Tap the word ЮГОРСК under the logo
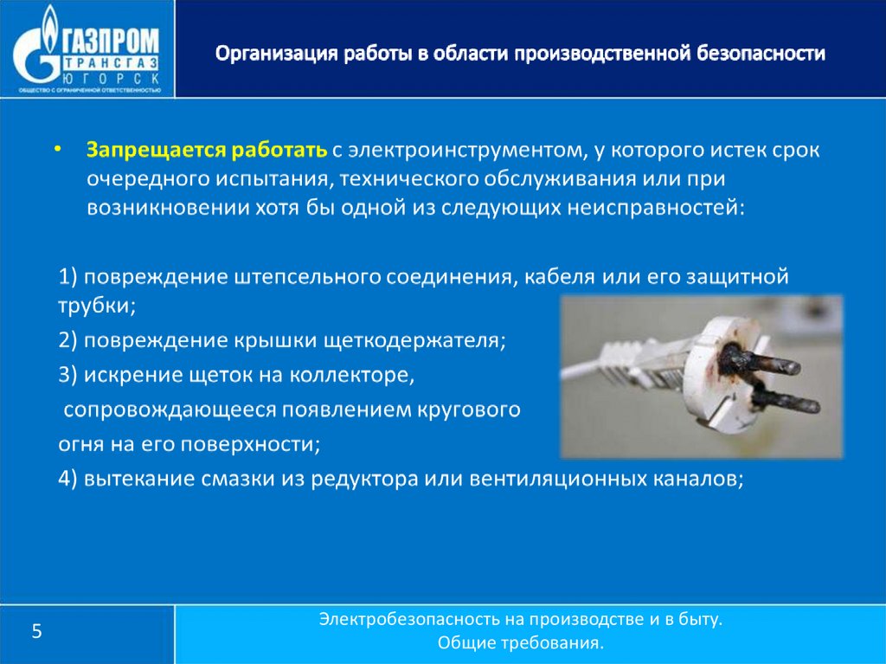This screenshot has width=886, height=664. click(110, 79)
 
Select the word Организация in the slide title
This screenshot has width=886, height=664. click(276, 54)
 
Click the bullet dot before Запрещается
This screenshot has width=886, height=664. click(56, 149)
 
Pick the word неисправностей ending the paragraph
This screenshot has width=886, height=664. click(656, 208)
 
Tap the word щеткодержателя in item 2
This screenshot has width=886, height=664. click(414, 340)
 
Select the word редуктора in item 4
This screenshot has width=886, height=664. click(364, 479)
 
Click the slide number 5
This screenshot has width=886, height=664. click(36, 631)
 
